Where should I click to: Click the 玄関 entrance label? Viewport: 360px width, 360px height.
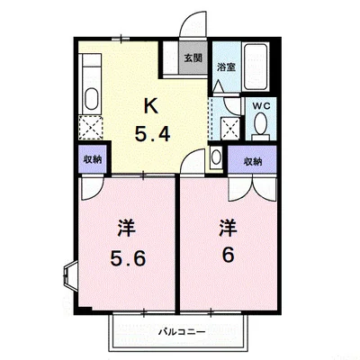[x=192, y=58]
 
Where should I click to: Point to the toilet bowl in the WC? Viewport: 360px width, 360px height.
[x=261, y=129]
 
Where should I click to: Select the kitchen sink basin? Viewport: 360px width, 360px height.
[x=92, y=98]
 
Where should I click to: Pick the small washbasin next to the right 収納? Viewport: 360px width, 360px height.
[x=216, y=158]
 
